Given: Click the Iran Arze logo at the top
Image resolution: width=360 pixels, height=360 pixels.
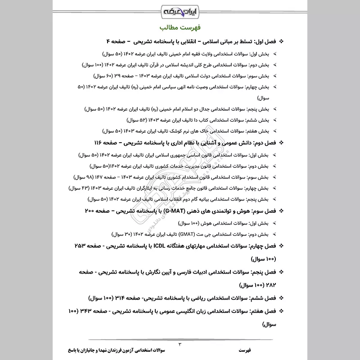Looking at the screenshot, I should click(x=180, y=10).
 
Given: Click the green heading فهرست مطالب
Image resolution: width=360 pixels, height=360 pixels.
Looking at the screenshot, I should click(x=180, y=27).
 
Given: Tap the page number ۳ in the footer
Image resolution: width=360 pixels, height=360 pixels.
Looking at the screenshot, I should click(x=180, y=344).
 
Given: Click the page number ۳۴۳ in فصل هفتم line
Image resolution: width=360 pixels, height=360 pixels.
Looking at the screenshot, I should click(x=87, y=310).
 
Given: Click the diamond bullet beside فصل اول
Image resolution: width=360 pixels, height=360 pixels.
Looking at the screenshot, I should click(x=282, y=41).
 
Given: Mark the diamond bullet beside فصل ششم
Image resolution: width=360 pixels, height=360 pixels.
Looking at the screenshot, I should click(x=282, y=297).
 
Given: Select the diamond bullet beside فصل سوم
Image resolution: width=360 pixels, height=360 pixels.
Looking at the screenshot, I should click(x=282, y=210).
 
